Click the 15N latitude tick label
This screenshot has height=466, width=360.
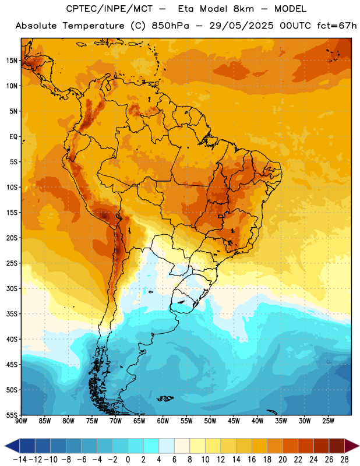coord(12,61)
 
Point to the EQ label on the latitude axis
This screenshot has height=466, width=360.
coord(13,137)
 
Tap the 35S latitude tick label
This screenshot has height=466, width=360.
coord(12,314)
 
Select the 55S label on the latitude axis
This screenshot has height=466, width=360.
coord(12,415)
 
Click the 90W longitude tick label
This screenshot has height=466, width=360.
coord(21,421)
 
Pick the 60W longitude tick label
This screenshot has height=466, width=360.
coord(163,421)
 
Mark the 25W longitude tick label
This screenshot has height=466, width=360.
coord(329,421)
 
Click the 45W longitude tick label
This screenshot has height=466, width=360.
coord(234,421)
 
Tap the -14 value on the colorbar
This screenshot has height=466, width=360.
coord(20,460)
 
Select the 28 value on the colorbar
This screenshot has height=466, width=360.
coord(344,460)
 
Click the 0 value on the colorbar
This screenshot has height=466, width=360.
coord(128,460)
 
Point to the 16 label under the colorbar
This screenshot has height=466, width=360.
coord(252,460)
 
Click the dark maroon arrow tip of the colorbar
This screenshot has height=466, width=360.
coord(358,446)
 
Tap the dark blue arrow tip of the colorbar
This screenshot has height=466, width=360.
coord(5,446)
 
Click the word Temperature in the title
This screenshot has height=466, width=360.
coord(93,26)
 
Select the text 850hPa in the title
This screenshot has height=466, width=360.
coord(170,26)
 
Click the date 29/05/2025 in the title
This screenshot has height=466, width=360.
coord(241,26)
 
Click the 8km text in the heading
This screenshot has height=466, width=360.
coord(243,9)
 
